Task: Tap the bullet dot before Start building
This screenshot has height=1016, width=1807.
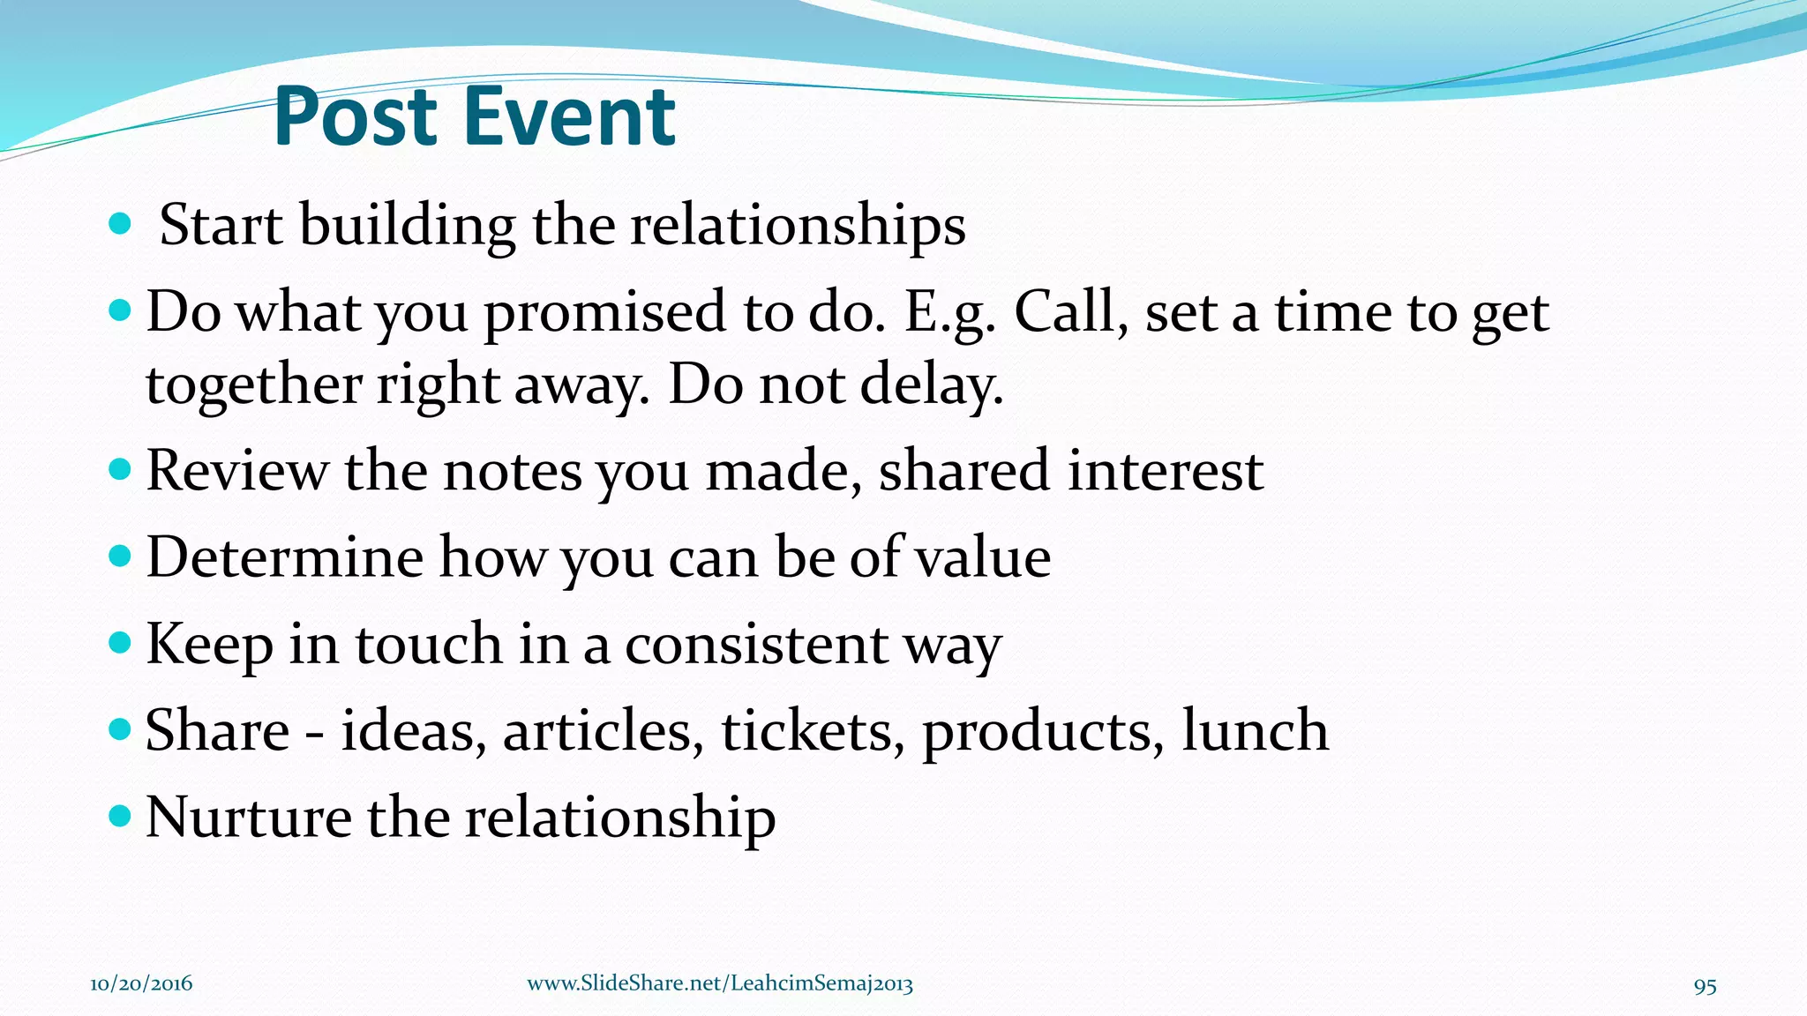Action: (119, 224)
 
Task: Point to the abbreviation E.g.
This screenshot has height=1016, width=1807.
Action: (950, 312)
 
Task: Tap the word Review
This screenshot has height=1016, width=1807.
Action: (236, 470)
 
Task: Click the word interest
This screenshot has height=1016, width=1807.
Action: (1166, 470)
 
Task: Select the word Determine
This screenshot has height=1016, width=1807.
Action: (284, 557)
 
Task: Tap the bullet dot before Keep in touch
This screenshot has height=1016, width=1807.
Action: (119, 642)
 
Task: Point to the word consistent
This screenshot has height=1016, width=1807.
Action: (756, 644)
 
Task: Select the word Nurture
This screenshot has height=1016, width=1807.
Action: (248, 817)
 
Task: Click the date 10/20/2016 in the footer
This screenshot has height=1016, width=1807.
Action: (141, 984)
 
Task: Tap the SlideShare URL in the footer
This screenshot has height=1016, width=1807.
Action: (719, 984)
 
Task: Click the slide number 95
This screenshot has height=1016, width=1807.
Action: (1705, 986)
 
